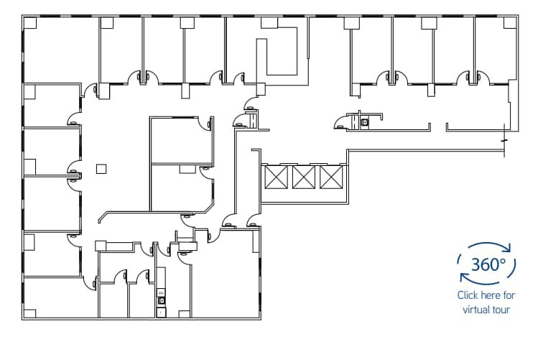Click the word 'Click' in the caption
point(468,295)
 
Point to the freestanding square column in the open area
point(101,170)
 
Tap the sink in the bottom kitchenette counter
point(162,300)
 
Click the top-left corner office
point(60,50)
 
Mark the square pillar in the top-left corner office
point(30,23)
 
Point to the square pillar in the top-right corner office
point(510,23)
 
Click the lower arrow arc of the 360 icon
point(487,282)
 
